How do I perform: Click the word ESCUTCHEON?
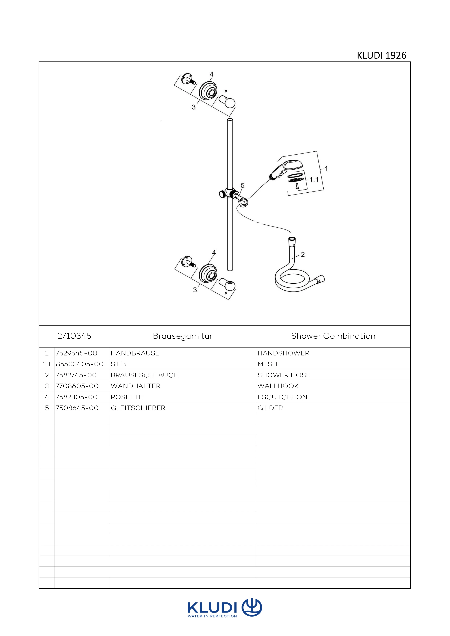[x=282, y=397]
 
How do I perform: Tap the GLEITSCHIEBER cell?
[x=138, y=408]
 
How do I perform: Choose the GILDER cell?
[x=270, y=408]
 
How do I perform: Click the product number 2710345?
[x=74, y=336]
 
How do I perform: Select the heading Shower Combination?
[x=333, y=336]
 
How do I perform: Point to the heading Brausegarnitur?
[x=182, y=336]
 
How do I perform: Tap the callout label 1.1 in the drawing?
[x=314, y=180]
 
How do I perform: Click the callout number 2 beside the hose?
[x=303, y=254]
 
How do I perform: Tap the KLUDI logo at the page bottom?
[x=225, y=609]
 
